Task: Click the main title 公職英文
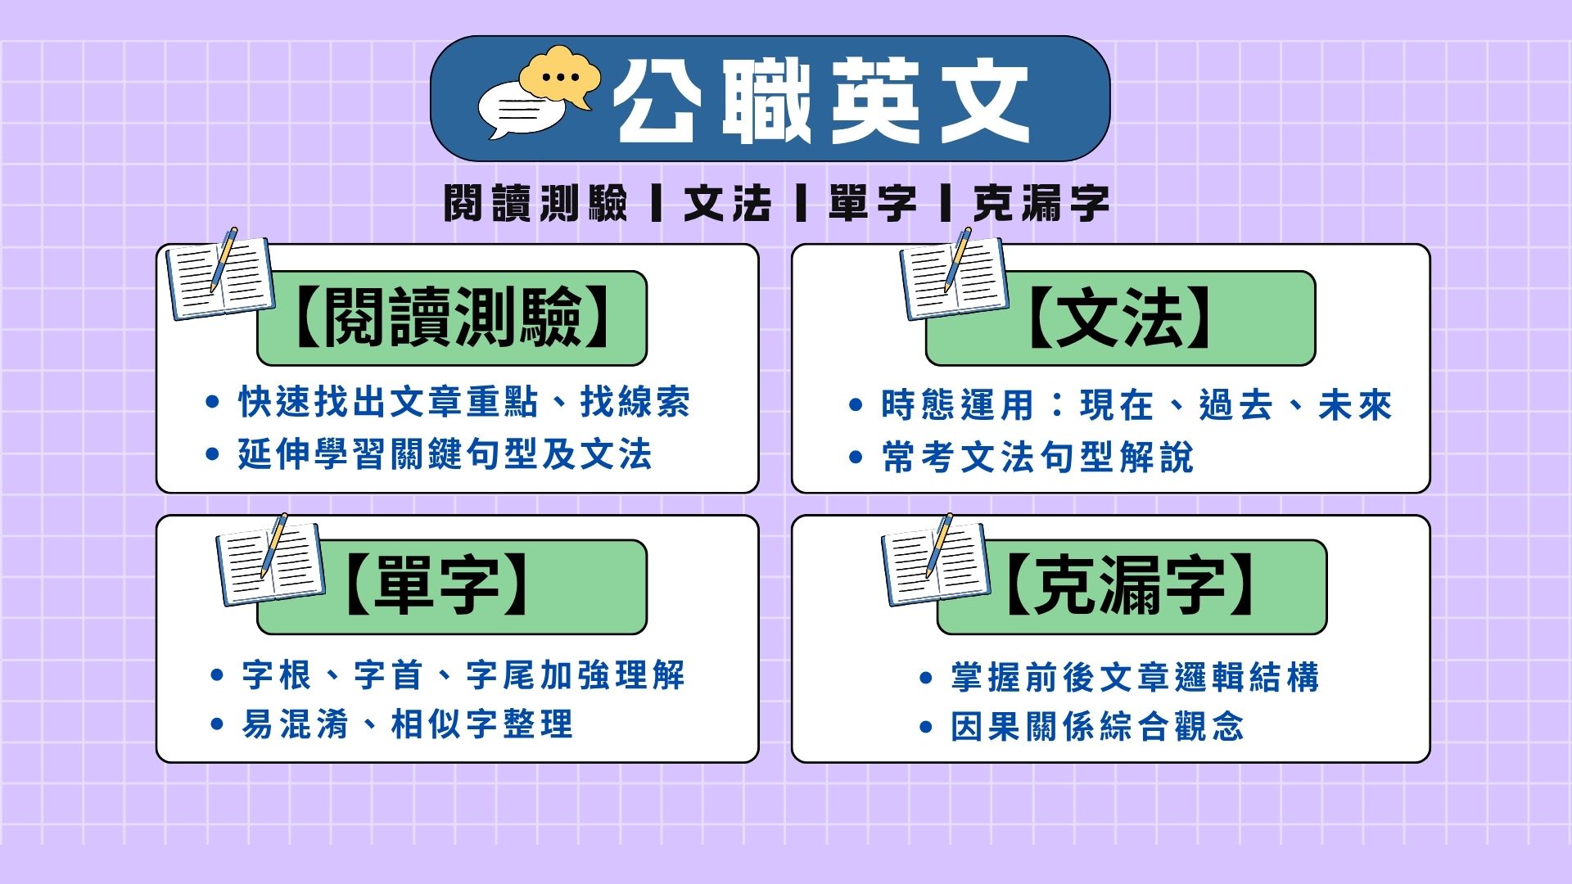coord(823,100)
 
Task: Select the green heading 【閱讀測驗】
coord(451,318)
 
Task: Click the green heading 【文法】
coord(1120,318)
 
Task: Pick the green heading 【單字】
coord(451,586)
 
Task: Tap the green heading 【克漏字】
coord(1132,586)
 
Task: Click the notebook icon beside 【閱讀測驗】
coord(219,274)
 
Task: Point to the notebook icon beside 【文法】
coord(954,274)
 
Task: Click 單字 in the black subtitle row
coord(873,202)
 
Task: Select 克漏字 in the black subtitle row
coord(1041,202)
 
